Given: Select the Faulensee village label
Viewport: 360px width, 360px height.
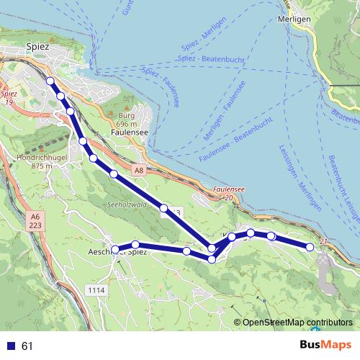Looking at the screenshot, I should tap(130, 132).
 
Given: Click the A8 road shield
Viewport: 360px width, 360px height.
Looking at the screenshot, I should tap(138, 170).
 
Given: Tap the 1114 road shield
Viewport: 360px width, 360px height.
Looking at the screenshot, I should tap(95, 289).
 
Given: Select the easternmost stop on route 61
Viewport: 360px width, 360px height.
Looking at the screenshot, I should tap(310, 247).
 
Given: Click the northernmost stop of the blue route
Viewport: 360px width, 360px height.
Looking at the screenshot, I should tap(50, 81).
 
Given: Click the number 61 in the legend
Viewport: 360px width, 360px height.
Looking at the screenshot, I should tap(27, 346).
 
